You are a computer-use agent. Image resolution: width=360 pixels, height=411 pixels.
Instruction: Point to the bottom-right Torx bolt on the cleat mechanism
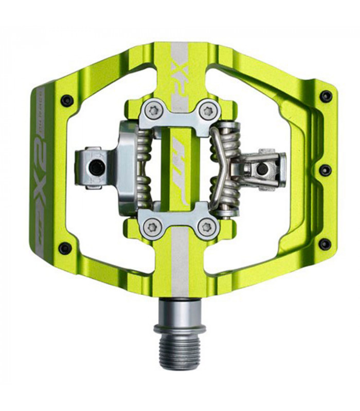click(208, 226)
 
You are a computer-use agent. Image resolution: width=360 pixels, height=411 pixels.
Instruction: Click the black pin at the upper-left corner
click(65, 99)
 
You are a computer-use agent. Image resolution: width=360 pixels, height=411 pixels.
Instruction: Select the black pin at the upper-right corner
click(325, 96)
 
